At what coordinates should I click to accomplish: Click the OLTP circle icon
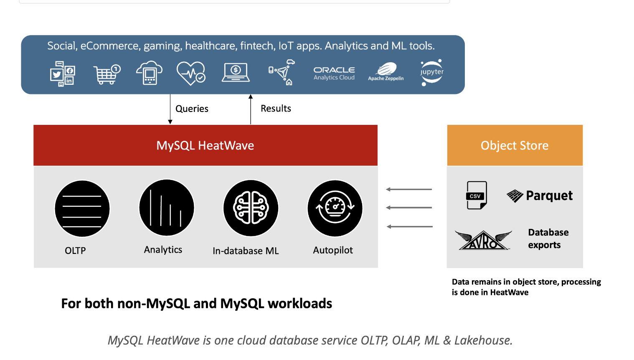[82, 208]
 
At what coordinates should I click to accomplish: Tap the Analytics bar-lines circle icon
[167, 208]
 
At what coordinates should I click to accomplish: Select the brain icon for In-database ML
[251, 208]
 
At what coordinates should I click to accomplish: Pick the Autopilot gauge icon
[335, 208]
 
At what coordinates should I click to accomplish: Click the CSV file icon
[477, 195]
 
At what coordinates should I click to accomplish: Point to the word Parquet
[549, 195]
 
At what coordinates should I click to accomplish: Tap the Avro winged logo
[483, 240]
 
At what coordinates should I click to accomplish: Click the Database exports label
[548, 238]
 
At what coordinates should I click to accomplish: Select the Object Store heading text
[515, 145]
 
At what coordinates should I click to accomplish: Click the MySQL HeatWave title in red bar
[205, 145]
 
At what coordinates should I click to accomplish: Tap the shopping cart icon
[107, 74]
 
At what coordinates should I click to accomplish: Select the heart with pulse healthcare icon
[191, 73]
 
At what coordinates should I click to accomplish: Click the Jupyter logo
[431, 72]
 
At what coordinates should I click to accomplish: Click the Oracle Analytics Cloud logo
[334, 73]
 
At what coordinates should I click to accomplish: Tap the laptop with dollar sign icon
[236, 72]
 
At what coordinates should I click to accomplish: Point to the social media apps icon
[63, 74]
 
